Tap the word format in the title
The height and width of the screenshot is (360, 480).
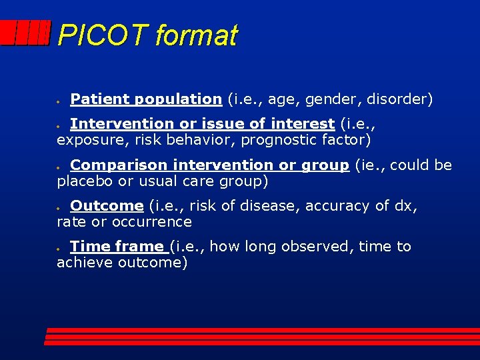click(x=195, y=35)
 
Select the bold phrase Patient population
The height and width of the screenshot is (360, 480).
click(x=145, y=99)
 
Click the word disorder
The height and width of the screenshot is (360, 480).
click(x=399, y=99)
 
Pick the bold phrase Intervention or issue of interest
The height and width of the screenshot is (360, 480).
click(x=202, y=124)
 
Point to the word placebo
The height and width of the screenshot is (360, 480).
click(x=85, y=181)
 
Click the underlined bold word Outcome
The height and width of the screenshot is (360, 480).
click(x=107, y=206)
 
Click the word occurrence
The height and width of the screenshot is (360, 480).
click(x=155, y=222)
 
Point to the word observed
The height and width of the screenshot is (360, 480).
click(x=317, y=247)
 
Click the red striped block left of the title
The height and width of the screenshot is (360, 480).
click(x=25, y=33)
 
